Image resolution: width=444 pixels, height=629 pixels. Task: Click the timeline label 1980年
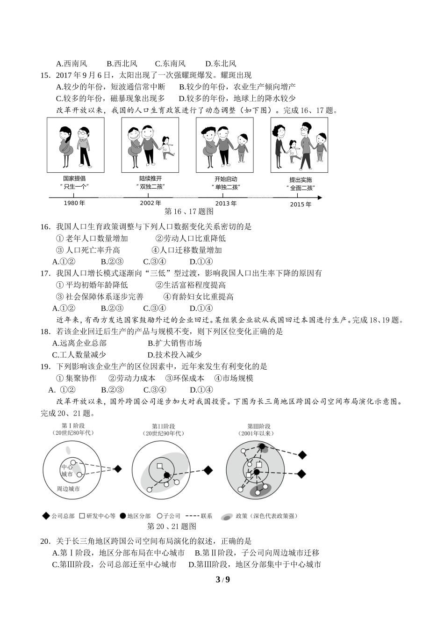coord(74,203)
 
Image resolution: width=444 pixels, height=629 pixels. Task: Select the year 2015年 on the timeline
coord(301,204)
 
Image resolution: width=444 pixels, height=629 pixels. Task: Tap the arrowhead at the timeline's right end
coord(320,197)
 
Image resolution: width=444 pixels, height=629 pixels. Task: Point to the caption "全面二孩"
coord(300,188)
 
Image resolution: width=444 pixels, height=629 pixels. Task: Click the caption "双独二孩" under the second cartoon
coord(150,186)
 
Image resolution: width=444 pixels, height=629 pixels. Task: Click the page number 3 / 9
coord(222,580)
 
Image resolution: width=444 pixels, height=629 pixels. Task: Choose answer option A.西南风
coord(72,64)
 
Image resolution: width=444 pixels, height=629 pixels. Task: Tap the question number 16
coord(45,227)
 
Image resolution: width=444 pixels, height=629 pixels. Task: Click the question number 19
coord(45,366)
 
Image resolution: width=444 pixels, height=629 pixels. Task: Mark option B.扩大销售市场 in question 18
coord(174,343)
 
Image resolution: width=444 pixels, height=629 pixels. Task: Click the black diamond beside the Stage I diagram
coord(118,468)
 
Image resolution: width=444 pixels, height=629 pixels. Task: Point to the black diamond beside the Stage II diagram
coord(208,470)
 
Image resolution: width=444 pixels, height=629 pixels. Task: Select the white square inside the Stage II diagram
coord(160,466)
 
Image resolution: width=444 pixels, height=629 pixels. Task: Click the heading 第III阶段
coord(258,426)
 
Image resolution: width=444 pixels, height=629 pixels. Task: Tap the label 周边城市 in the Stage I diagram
coord(68,489)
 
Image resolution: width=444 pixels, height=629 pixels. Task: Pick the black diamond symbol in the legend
coord(46,516)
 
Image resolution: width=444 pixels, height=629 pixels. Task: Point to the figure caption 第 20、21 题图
coord(171,526)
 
